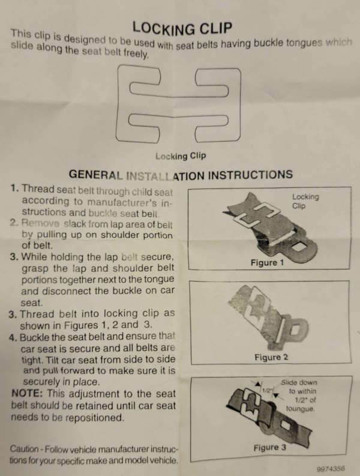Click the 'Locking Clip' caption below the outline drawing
coord(180,156)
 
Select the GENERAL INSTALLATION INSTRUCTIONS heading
coord(181,175)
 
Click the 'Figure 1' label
coord(264,262)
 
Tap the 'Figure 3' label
coord(266,447)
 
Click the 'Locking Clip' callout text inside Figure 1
coord(305,200)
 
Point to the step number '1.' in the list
coord(14,188)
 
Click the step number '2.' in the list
coord(14,223)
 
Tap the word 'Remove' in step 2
coord(38,223)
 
